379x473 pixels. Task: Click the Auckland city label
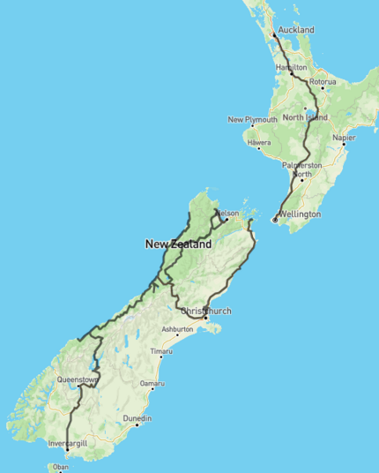296,30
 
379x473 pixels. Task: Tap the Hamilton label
291,67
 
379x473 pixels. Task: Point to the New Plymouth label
253,119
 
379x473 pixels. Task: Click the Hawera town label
259,142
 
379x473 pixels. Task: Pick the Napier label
344,138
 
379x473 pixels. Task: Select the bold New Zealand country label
178,244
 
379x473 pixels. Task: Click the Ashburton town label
176,329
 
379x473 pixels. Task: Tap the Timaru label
160,352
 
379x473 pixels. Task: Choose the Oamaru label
152,384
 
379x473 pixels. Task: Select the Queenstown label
77,379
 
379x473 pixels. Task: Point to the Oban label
61,467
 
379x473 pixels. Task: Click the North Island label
305,117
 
